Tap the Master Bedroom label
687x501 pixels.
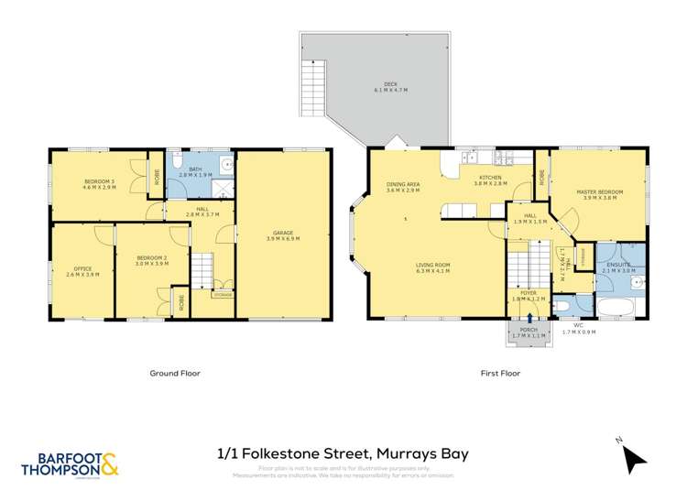599,195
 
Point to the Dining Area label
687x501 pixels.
403,188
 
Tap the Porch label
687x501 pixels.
529,333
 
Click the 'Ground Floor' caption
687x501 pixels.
175,374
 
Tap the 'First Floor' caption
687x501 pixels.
501,374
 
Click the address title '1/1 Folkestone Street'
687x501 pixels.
343,452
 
